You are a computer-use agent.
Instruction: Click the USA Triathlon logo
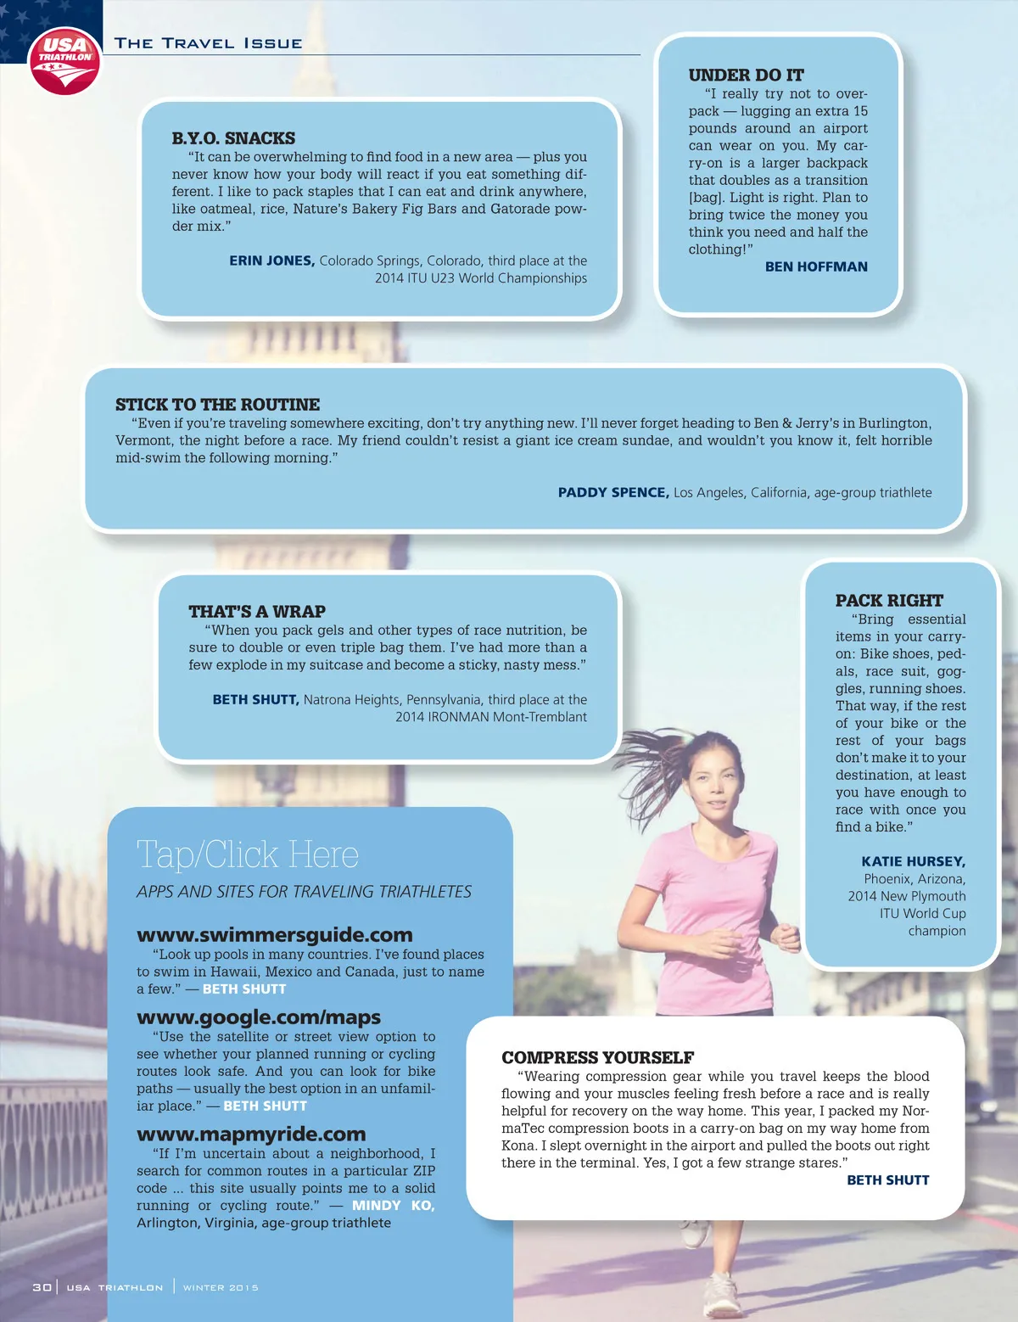64,60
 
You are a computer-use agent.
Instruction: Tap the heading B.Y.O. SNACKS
233,138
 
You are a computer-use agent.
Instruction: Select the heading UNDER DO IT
746,76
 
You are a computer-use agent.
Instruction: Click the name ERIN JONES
271,260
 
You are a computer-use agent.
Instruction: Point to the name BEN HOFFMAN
816,266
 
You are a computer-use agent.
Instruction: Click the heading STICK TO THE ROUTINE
217,405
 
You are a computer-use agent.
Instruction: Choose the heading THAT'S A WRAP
257,612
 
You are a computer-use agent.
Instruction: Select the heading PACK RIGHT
889,601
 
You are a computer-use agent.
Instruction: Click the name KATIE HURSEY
914,861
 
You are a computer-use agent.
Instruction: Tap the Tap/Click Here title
248,854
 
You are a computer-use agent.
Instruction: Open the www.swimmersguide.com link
275,935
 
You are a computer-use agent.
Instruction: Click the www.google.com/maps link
259,1017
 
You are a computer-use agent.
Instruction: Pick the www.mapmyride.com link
251,1134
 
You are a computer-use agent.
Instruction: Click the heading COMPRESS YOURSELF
597,1057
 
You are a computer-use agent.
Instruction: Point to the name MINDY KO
393,1205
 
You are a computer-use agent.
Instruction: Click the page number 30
42,1287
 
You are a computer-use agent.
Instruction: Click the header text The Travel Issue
209,43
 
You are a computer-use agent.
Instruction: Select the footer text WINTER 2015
221,1287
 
